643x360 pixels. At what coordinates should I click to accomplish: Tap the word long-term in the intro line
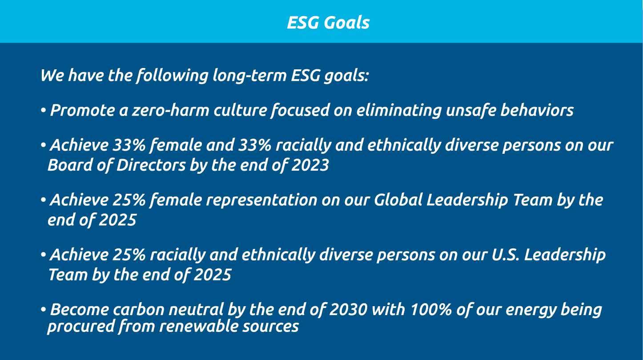click(249, 76)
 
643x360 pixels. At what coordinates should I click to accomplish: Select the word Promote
click(83, 110)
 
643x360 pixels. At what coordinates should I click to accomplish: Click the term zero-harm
click(170, 110)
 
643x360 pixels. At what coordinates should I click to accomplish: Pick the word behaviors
click(537, 110)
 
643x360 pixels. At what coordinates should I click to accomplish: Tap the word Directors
click(151, 165)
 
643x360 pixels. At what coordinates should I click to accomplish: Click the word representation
click(262, 200)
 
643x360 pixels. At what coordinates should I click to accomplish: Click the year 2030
click(348, 310)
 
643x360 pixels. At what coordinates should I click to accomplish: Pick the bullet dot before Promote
click(43, 110)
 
